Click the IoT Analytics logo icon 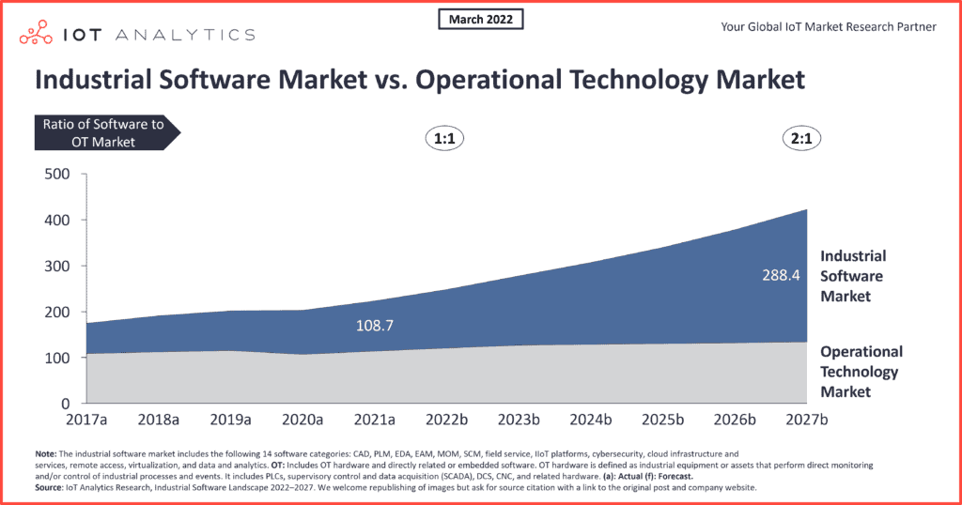pyautogui.click(x=36, y=33)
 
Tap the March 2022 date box pyautogui.click(x=480, y=19)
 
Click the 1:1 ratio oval pyautogui.click(x=444, y=139)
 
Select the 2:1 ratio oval pyautogui.click(x=801, y=139)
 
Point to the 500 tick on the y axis pyautogui.click(x=57, y=174)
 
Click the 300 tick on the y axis pyautogui.click(x=57, y=266)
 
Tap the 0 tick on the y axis pyautogui.click(x=65, y=404)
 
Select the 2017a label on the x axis pyautogui.click(x=86, y=420)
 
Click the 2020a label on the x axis pyautogui.click(x=303, y=420)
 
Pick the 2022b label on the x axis pyautogui.click(x=446, y=420)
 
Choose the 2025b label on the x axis pyautogui.click(x=662, y=420)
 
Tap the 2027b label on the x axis pyautogui.click(x=807, y=420)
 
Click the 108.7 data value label pyautogui.click(x=375, y=326)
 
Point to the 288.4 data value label pyautogui.click(x=781, y=275)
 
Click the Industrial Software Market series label pyautogui.click(x=853, y=276)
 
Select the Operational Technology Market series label pyautogui.click(x=861, y=372)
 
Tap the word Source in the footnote pyautogui.click(x=48, y=488)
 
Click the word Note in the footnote pyautogui.click(x=45, y=454)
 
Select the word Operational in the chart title pyautogui.click(x=480, y=81)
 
